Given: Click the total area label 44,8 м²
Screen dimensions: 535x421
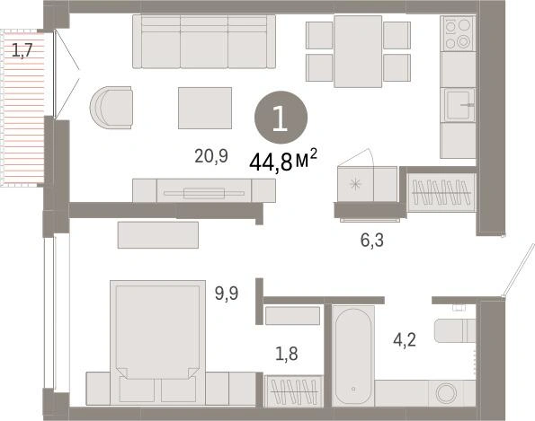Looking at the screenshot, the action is [x=283, y=161].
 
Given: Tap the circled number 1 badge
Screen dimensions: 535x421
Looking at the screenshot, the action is [x=281, y=118].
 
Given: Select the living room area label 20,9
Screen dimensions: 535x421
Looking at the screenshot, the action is [x=211, y=156].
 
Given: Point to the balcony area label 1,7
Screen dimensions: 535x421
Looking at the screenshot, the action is [x=22, y=51].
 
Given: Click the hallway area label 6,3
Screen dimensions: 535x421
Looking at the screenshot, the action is [x=372, y=241].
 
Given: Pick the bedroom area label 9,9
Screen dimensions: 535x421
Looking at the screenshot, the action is [x=227, y=294].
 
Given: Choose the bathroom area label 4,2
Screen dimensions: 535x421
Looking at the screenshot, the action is [x=405, y=339].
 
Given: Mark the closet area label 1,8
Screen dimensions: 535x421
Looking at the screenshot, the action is [x=287, y=354].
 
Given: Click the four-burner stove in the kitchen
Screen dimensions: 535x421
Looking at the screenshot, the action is [x=458, y=33].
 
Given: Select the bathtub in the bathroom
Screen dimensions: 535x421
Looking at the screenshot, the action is [x=353, y=355].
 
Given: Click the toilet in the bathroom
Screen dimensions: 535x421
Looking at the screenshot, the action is [x=454, y=330].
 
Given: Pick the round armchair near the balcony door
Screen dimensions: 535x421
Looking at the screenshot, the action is [x=111, y=108].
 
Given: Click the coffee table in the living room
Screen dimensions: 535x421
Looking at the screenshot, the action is [x=205, y=108].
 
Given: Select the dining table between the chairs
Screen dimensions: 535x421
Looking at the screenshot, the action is [x=358, y=51].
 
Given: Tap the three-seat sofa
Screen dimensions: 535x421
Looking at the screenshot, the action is [x=204, y=41].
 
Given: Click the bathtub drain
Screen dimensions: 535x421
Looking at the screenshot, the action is [x=353, y=389].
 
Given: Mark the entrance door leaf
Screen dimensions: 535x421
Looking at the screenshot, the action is [x=519, y=270].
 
